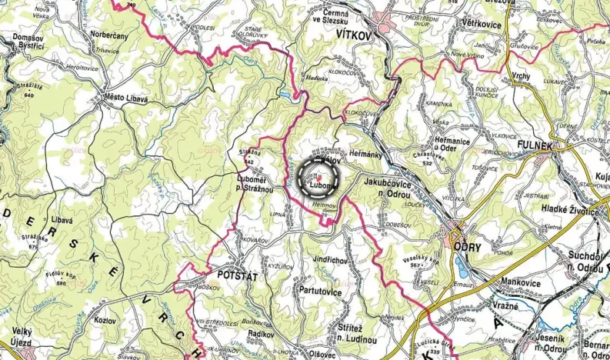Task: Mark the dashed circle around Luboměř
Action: click(x=319, y=178)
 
